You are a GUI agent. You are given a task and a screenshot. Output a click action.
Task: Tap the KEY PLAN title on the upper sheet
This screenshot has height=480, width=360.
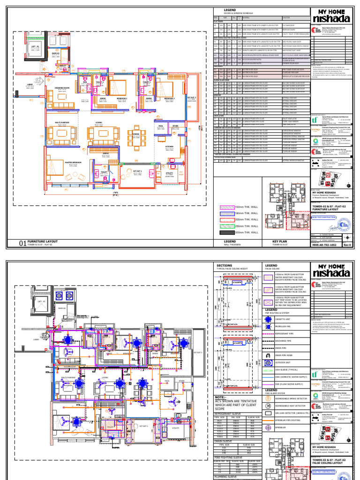coord(280,241)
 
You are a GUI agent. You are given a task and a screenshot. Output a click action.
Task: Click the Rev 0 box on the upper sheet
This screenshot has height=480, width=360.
coord(347,245)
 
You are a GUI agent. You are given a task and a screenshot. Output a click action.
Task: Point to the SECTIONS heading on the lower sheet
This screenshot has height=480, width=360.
coord(225,265)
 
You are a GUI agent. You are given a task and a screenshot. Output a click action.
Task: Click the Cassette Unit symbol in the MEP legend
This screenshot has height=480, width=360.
coord(268,318)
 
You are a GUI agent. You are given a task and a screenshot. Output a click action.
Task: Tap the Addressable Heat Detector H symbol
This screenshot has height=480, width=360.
coord(268,405)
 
